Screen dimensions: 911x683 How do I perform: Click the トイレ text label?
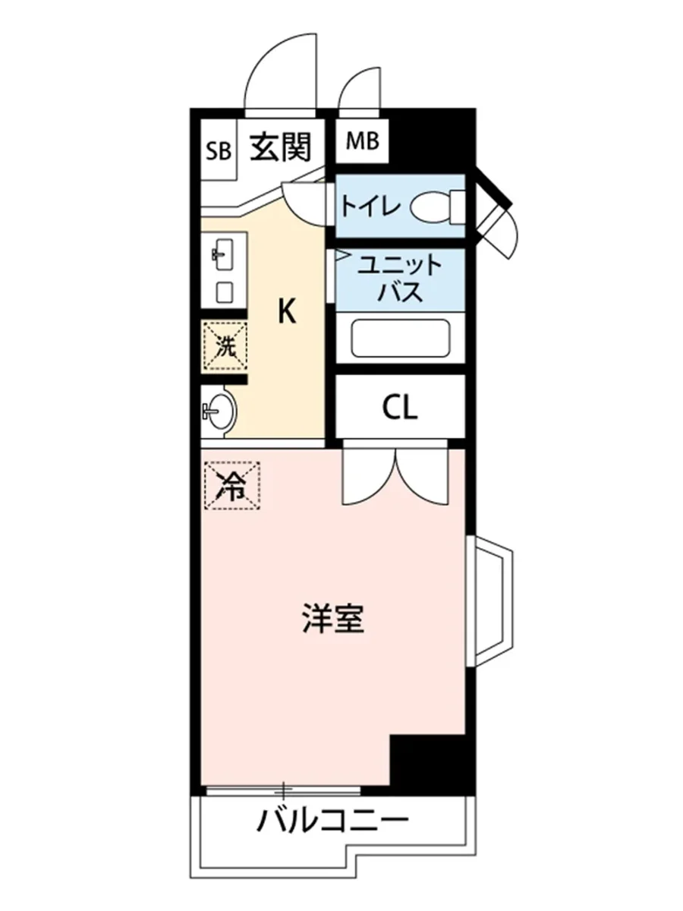click(369, 206)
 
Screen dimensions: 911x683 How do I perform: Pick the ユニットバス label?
click(399, 279)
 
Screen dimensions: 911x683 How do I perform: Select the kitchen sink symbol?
click(224, 252)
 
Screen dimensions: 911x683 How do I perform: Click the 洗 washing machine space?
click(225, 346)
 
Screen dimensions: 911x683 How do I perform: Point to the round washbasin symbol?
click(220, 412)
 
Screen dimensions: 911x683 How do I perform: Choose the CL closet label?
click(399, 409)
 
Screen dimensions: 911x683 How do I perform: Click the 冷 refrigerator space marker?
click(231, 484)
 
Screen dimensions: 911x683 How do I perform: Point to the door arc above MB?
click(359, 90)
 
